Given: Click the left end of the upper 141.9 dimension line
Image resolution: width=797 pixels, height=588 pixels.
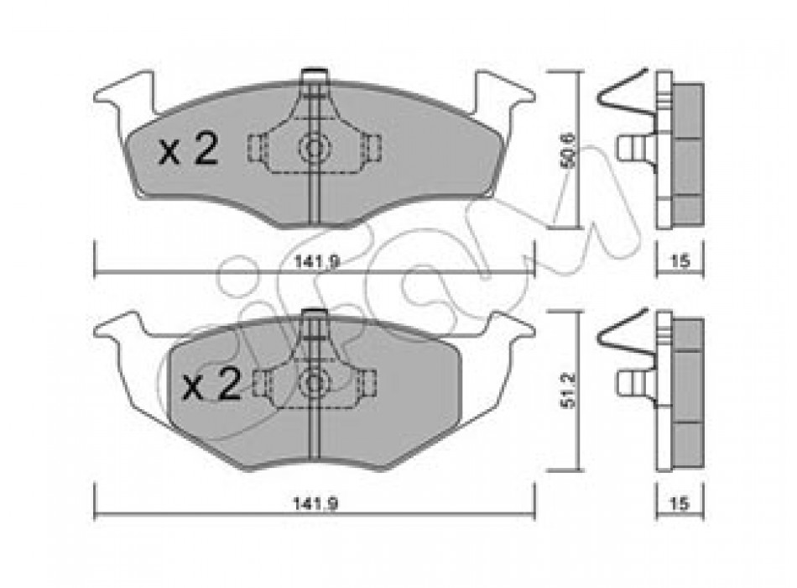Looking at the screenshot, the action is [x=95, y=273].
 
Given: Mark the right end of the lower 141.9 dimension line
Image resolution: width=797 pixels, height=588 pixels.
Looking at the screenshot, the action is [x=534, y=515].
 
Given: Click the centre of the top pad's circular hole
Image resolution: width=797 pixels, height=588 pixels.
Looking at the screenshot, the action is [x=313, y=148].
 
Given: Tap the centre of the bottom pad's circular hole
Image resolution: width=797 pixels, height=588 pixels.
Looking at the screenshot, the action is [x=313, y=383].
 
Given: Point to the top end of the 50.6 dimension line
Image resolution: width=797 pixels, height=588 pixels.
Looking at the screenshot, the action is [x=578, y=73].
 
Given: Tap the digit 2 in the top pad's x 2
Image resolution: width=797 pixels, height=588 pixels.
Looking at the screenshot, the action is [x=206, y=149].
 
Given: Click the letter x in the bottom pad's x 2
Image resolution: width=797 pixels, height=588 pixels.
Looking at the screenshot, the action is [x=193, y=389].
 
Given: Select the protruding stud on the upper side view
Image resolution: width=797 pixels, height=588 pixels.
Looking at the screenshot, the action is [x=635, y=148].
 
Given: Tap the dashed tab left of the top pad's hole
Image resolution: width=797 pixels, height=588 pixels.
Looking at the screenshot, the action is [x=258, y=148].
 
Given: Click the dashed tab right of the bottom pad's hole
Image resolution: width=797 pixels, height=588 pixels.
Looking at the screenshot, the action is [x=367, y=382].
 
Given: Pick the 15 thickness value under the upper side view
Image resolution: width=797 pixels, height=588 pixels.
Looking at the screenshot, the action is [x=680, y=262].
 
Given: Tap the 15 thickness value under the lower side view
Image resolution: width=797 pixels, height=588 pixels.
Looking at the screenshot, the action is [x=680, y=503].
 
